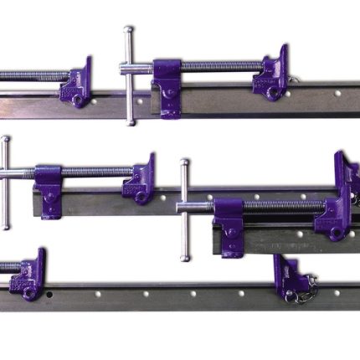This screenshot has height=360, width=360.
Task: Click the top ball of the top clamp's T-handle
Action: [x=128, y=30]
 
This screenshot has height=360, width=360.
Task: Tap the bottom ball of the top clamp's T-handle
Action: [x=130, y=122]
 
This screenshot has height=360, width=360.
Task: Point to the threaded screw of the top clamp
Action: [x=218, y=65]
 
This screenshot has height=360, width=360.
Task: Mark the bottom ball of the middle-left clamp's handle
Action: [x=7, y=226]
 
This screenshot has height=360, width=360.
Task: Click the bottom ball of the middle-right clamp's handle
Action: [x=184, y=257]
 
